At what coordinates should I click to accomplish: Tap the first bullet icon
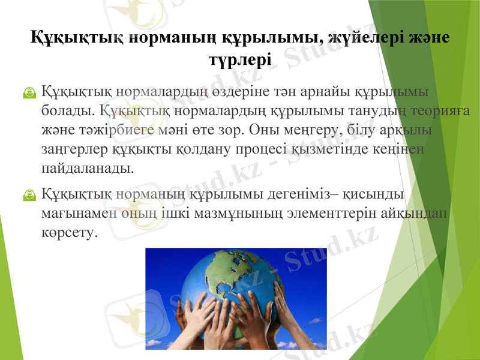28,94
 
